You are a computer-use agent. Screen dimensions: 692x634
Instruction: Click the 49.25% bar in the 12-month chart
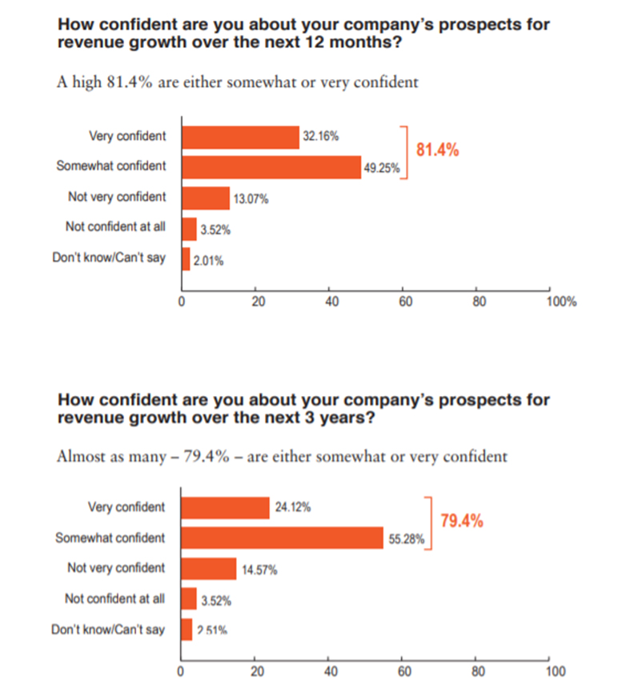tap(271, 166)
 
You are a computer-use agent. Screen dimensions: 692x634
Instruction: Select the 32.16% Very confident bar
tap(240, 137)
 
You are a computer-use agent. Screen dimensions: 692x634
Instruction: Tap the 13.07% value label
tap(251, 199)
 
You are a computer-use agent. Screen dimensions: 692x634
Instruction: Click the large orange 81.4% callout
tap(437, 150)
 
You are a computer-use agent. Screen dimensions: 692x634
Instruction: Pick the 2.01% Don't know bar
tap(186, 259)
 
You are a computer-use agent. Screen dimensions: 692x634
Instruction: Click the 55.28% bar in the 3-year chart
tap(283, 538)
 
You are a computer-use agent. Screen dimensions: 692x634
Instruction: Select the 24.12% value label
tap(293, 507)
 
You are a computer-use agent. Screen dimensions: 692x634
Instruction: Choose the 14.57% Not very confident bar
tap(209, 568)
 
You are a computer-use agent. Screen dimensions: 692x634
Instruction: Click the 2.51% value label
tap(212, 630)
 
